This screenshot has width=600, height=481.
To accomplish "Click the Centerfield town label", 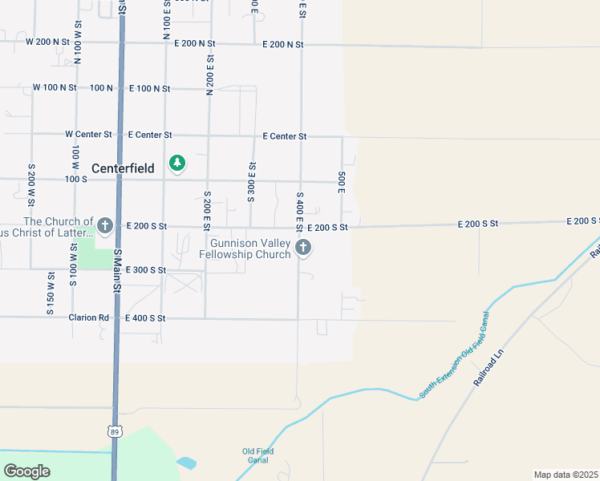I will pos(128,168).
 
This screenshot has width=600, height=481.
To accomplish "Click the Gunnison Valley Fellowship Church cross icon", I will pos(303,249).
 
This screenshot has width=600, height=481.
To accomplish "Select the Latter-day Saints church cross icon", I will pos(105,225).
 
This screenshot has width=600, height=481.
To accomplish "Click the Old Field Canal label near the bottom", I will pos(258,455).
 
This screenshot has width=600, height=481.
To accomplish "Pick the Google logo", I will pos(26,471).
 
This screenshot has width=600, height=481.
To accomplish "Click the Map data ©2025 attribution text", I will pos(566,475).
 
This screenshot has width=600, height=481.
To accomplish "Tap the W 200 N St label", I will pos(51,41).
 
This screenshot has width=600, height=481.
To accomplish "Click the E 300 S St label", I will pos(145,270).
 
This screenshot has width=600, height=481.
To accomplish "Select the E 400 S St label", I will pos(145,318).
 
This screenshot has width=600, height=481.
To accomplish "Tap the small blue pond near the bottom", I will pos(185,463).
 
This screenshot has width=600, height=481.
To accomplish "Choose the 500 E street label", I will pos(342,181).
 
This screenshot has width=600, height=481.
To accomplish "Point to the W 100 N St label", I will pos(55,87).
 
